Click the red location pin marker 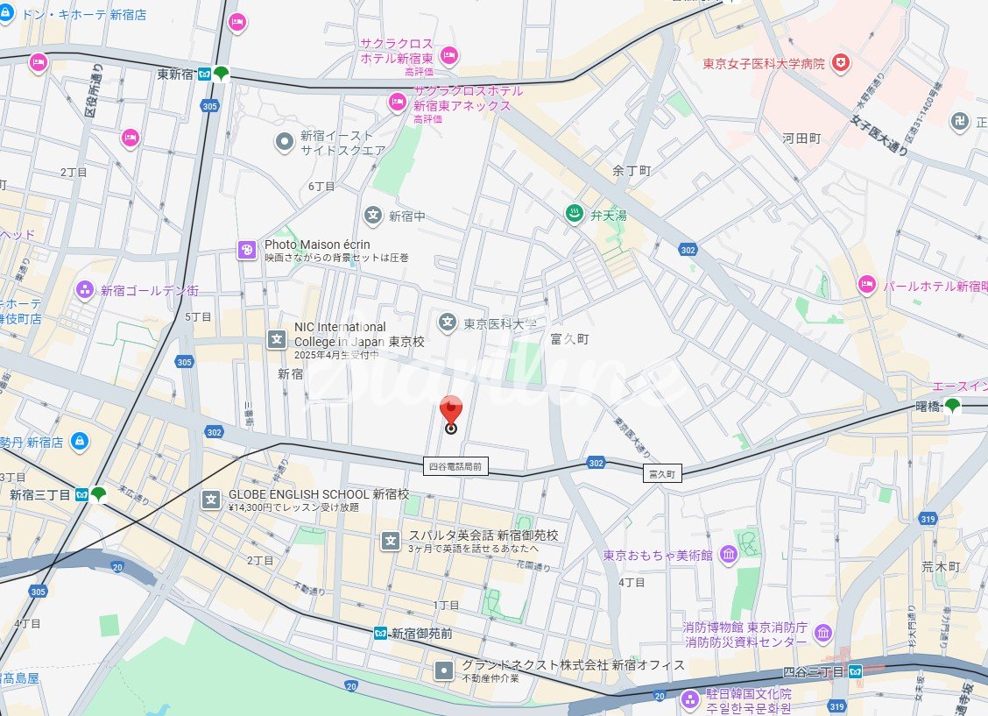[x=451, y=412]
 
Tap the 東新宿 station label [x=175, y=74]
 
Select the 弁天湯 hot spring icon [x=574, y=215]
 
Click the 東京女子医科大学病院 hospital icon [x=841, y=63]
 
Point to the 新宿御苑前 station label [x=421, y=633]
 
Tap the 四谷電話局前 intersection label [x=454, y=467]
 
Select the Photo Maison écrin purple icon [x=247, y=251]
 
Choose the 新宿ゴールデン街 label [x=149, y=289]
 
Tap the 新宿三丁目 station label [x=39, y=494]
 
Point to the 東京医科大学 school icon [x=448, y=323]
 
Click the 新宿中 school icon [x=373, y=216]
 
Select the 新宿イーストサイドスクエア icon [x=284, y=141]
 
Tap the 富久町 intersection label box [x=661, y=473]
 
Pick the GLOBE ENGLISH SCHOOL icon [x=211, y=500]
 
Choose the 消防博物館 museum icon [x=822, y=633]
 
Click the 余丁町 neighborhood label [x=632, y=171]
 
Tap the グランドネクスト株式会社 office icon [x=445, y=671]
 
